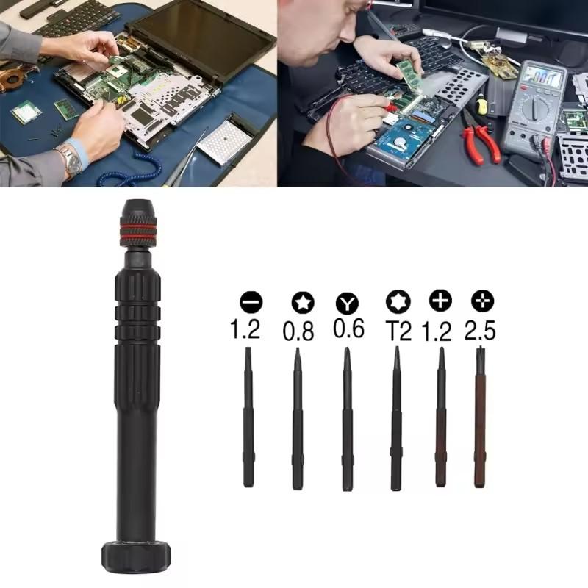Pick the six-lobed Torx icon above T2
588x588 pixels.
click(x=397, y=301)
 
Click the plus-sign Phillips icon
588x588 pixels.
click(x=440, y=300)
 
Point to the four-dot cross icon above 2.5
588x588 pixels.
click(x=483, y=300)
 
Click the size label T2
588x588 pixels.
click(x=397, y=330)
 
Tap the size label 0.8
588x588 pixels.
click(x=298, y=331)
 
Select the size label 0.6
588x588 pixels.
click(x=348, y=329)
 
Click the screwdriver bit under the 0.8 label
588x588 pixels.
click(x=297, y=419)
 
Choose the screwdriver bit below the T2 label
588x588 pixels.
click(x=396, y=419)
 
